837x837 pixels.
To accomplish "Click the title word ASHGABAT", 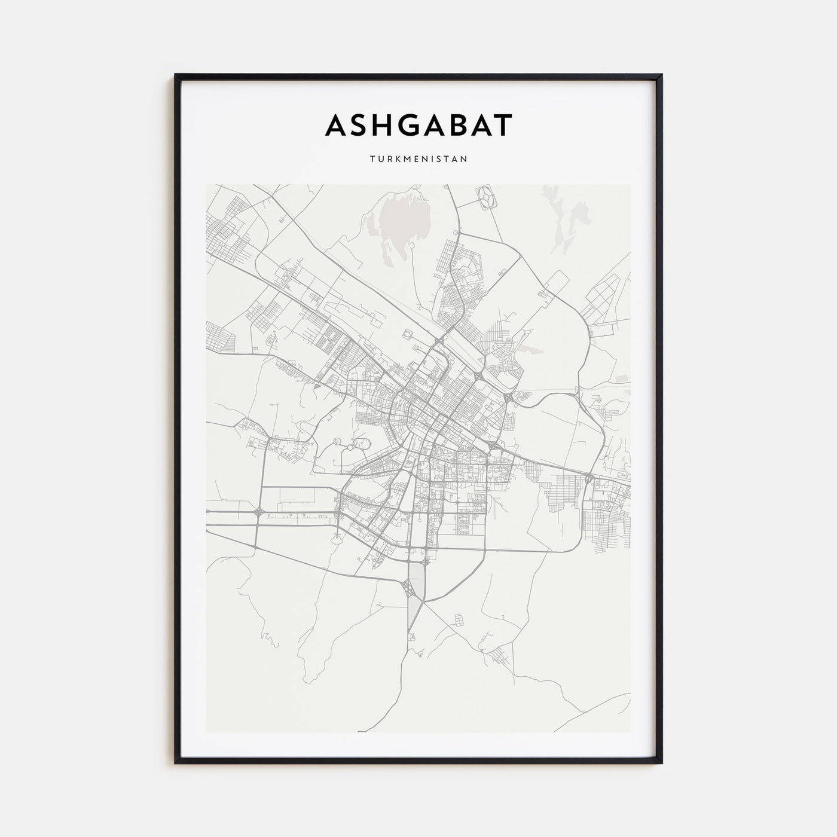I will point(418,126).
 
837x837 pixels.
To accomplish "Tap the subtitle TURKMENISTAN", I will point(418,160).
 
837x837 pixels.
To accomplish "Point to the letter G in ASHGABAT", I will point(410,126).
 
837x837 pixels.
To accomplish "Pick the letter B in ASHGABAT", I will point(462,126).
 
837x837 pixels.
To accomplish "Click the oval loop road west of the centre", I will point(361,443).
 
